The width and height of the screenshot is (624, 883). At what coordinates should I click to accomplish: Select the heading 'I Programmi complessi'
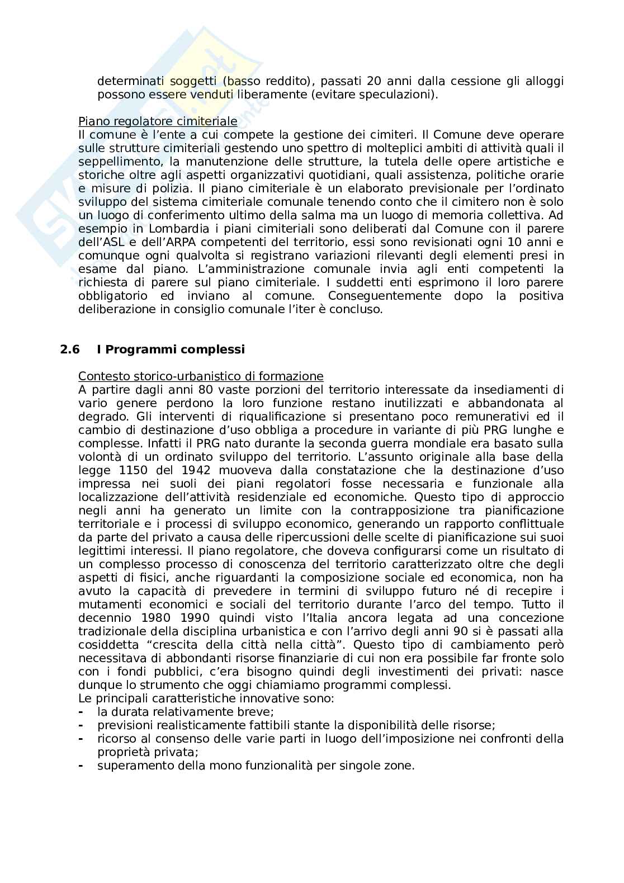[x=171, y=350]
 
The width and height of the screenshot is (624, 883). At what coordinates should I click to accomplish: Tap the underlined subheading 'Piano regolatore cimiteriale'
[x=158, y=121]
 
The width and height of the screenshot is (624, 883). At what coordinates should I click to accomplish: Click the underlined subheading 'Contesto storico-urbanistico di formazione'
[x=201, y=376]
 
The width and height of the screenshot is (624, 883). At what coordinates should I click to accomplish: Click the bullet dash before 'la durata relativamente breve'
[x=82, y=712]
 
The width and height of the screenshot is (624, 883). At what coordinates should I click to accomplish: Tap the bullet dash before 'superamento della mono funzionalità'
[x=82, y=766]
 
